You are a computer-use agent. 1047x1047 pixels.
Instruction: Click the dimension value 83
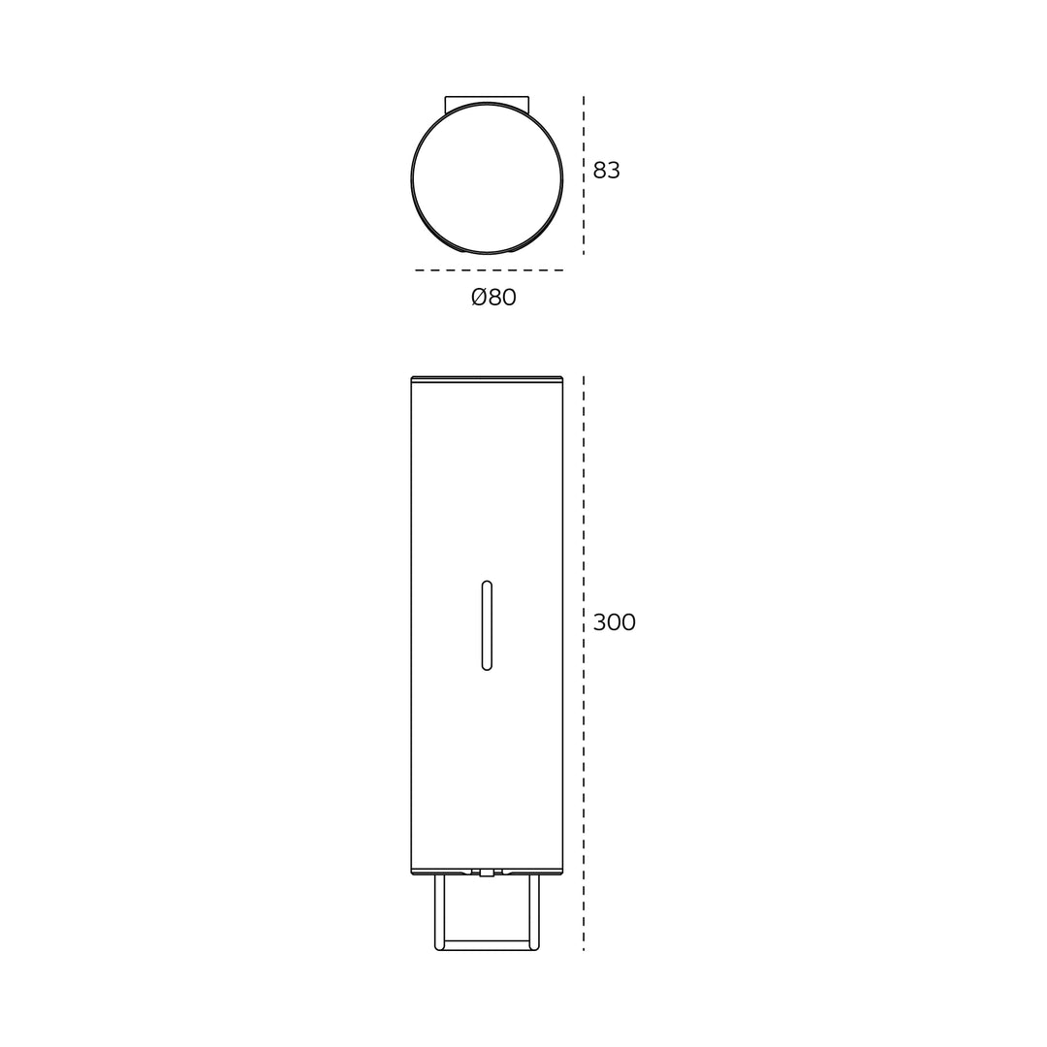coord(606,171)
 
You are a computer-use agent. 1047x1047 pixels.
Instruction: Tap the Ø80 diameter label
coord(493,298)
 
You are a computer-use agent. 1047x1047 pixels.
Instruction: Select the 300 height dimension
coord(614,622)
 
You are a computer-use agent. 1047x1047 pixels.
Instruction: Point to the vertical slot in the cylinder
coord(487,625)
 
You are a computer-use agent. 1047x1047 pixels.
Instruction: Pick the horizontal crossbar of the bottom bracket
coord(487,945)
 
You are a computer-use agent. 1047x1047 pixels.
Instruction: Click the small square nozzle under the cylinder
coord(487,872)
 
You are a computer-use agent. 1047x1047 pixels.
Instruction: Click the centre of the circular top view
coord(487,178)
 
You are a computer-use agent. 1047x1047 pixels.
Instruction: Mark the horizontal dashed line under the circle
coord(489,270)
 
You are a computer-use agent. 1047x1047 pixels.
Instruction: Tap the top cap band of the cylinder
coord(487,379)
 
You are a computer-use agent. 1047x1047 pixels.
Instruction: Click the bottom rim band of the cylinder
coord(487,871)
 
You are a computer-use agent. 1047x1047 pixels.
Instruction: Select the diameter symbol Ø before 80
coord(479,298)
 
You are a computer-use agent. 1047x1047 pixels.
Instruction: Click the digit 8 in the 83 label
coord(599,171)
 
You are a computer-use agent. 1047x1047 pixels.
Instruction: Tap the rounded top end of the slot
coord(487,585)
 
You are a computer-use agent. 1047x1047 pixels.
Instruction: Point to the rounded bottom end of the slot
coord(487,666)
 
